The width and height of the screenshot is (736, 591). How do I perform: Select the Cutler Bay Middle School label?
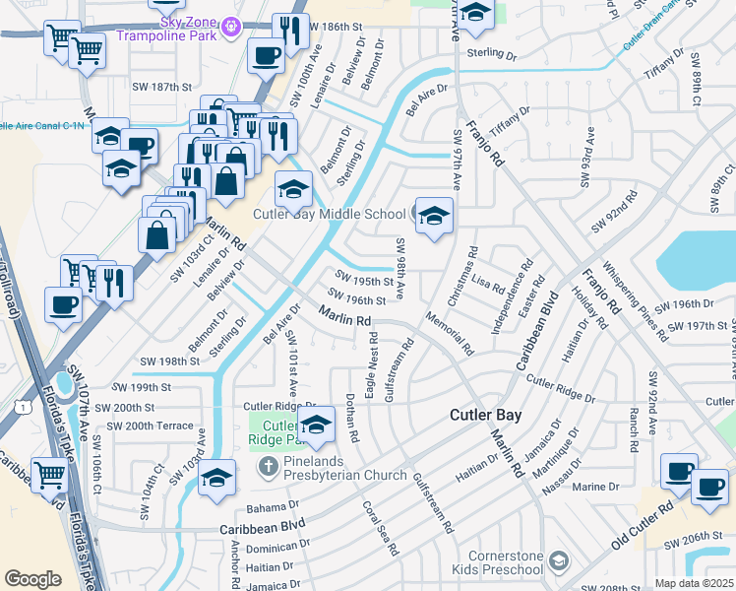tap(330, 214)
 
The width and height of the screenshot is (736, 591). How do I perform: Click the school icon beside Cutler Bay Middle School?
tap(434, 216)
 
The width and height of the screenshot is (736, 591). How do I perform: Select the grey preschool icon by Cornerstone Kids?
tap(558, 561)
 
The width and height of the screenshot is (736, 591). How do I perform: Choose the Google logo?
tap(32, 579)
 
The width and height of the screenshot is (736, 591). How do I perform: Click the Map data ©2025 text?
tap(694, 583)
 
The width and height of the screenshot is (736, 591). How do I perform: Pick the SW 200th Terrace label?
tap(150, 426)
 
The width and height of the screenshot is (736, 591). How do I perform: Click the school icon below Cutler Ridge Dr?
tap(316, 427)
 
